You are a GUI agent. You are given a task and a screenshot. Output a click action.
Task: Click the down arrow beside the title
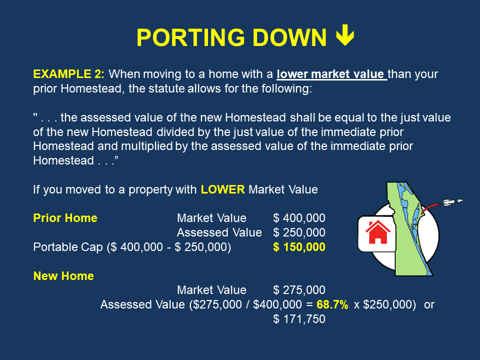[345, 36]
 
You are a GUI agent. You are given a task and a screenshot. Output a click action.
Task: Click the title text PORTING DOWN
[230, 37]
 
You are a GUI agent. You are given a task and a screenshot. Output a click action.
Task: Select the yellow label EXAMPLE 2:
[69, 74]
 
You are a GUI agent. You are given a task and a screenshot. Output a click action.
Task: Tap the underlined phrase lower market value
[331, 74]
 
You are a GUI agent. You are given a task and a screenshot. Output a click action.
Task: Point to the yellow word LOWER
[223, 189]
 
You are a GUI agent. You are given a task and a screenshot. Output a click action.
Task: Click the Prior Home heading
[65, 218]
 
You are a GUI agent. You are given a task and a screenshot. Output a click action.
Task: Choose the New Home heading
[63, 275]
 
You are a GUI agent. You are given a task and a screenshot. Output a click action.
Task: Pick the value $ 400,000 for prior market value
[299, 218]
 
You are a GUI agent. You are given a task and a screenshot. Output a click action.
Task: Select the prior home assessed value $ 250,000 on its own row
[299, 232]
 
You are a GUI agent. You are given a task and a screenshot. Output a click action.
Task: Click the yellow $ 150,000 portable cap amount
[299, 247]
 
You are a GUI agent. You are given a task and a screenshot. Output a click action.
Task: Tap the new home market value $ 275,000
[299, 290]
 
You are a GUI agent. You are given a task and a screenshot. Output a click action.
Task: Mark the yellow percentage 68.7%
[332, 304]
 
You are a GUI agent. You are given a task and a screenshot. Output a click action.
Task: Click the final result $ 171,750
[299, 319]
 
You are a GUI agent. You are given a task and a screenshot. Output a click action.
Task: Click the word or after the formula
[429, 304]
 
